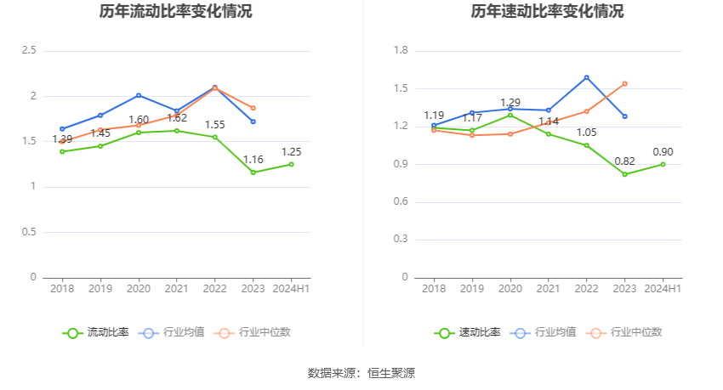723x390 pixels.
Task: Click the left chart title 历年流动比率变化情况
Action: pos(175,12)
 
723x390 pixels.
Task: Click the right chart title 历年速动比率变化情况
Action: pos(547,12)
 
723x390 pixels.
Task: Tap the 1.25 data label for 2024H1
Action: pos(292,152)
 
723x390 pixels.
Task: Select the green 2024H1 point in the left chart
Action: pos(292,164)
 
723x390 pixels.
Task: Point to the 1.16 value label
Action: pos(253,160)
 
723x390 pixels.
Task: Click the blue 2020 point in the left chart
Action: pos(139,95)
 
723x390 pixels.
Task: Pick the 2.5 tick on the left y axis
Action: pos(29,51)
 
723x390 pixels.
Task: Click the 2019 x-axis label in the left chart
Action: pos(100,289)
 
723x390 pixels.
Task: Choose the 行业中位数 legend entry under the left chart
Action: pos(253,332)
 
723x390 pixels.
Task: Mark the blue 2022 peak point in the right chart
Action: pos(587,77)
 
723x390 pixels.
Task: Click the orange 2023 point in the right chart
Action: pos(625,83)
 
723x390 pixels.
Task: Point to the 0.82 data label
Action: pos(625,161)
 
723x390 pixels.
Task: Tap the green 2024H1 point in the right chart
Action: pos(663,164)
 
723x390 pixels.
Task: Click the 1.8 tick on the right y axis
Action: pos(401,51)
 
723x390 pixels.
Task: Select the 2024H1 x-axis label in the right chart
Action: pos(663,289)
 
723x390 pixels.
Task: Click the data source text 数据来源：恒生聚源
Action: pos(361,373)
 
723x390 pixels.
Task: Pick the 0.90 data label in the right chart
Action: pos(663,152)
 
